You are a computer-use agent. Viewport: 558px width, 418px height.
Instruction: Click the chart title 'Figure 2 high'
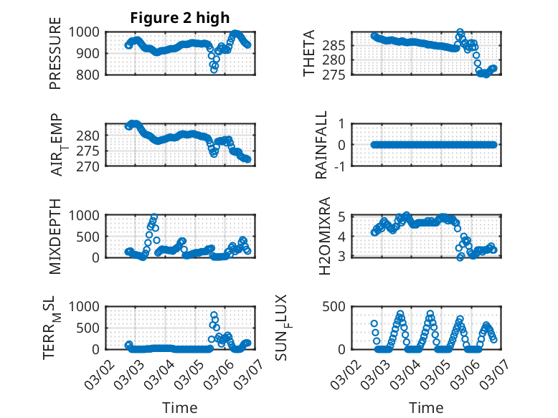coord(179,18)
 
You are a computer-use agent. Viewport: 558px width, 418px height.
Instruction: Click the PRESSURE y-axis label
coord(55,59)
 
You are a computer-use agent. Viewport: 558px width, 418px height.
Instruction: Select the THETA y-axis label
coord(309,53)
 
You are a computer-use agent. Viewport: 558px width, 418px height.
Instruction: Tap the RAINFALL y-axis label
coord(323,145)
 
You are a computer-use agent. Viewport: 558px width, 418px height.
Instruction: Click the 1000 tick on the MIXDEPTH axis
coord(88,214)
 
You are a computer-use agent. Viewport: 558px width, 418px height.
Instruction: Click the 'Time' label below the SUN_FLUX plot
coord(426,407)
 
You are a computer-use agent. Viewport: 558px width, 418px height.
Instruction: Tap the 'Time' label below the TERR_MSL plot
coord(180,407)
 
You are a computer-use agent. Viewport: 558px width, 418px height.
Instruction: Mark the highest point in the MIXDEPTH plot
coord(154,216)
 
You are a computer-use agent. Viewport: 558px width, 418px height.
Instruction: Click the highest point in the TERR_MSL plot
coord(214,315)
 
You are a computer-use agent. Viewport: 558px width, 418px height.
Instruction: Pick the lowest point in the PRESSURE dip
coord(214,70)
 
